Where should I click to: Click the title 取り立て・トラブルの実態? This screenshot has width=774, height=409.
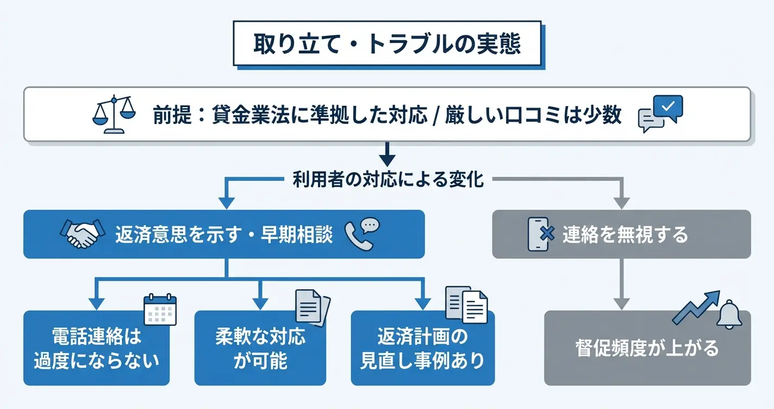(387, 44)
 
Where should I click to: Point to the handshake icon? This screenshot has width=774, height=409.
(82, 234)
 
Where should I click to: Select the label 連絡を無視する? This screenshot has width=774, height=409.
(625, 235)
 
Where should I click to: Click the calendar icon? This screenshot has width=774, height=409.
(160, 310)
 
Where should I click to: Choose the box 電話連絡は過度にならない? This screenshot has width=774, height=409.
(96, 348)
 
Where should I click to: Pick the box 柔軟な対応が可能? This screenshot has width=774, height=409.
(260, 348)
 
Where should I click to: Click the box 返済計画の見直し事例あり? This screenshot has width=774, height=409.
(422, 348)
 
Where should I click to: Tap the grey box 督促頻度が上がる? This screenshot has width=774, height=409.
(647, 348)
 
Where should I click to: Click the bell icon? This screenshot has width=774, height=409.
(729, 315)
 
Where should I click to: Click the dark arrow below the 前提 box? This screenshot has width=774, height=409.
(387, 154)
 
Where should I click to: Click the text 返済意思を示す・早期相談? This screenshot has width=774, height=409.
(224, 234)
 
